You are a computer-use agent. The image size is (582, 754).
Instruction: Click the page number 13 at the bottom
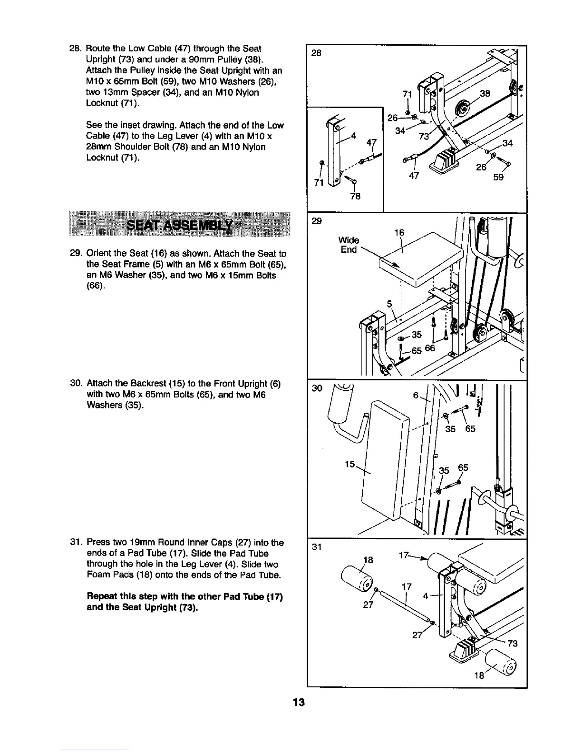tap(298, 703)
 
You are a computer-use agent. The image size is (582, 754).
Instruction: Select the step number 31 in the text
tap(76, 543)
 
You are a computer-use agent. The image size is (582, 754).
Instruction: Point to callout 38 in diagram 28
tap(485, 94)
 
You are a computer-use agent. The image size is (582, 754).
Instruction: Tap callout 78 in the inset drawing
tap(355, 196)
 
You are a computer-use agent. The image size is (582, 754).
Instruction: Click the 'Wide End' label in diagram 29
tap(349, 245)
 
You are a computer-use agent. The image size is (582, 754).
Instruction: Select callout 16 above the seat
tap(399, 233)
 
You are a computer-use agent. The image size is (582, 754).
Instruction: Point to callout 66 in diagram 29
tap(430, 348)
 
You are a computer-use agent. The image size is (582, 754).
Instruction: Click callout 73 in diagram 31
tap(512, 644)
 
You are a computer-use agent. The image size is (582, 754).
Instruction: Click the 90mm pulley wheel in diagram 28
tap(461, 107)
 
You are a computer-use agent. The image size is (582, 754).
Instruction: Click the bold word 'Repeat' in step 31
tap(102, 597)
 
